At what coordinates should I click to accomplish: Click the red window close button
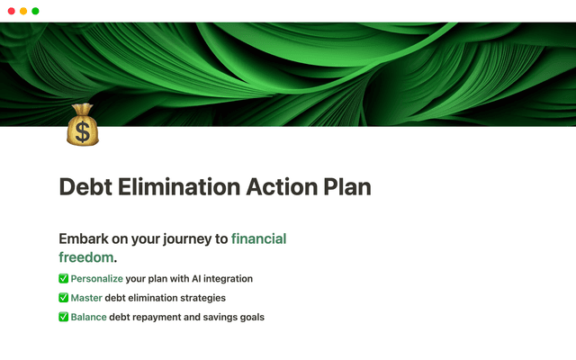(x=11, y=11)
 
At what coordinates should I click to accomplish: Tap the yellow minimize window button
(x=23, y=11)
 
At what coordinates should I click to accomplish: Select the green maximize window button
(x=35, y=11)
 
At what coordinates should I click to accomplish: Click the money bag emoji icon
(x=82, y=126)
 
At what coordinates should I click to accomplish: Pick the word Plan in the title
(x=346, y=188)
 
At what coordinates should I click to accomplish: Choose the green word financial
(x=258, y=239)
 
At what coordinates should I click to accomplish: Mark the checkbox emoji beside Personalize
(x=63, y=279)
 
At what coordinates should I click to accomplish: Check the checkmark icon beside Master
(x=63, y=298)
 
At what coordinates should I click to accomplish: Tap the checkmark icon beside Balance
(x=63, y=317)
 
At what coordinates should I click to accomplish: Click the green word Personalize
(x=96, y=279)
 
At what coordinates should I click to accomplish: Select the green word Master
(x=88, y=298)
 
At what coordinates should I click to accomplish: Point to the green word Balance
(x=89, y=317)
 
